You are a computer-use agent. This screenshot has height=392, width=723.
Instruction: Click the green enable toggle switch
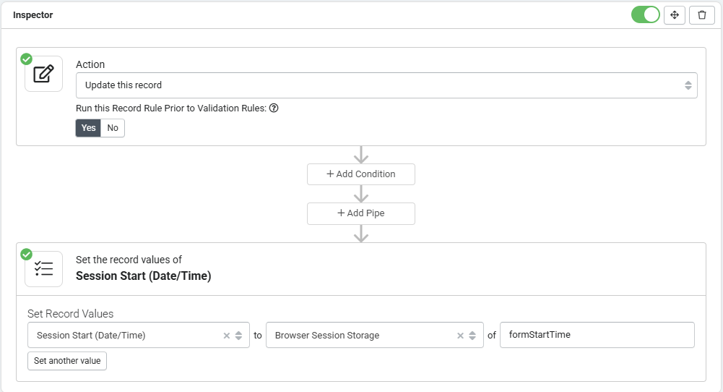(x=645, y=14)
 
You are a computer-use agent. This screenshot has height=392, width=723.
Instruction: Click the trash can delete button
(x=702, y=14)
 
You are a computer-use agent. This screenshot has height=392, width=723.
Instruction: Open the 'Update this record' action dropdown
(x=386, y=85)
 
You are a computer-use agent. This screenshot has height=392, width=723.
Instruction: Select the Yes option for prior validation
(x=88, y=128)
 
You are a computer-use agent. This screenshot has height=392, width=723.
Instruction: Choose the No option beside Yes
(x=113, y=128)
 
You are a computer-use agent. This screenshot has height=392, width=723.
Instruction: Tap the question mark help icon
(x=274, y=108)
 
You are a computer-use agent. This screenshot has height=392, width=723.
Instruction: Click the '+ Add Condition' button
(x=361, y=174)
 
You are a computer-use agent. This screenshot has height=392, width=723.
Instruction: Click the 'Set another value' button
(x=67, y=361)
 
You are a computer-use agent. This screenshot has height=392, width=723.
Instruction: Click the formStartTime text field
(x=597, y=335)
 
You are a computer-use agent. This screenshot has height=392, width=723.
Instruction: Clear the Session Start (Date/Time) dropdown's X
(x=226, y=336)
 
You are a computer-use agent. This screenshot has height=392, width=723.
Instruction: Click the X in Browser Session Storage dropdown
(x=460, y=336)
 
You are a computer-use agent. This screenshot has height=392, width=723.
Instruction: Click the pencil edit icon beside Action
(x=44, y=74)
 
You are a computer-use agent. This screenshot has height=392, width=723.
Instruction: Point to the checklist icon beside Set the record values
(x=44, y=269)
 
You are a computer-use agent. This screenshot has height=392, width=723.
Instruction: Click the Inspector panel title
(x=33, y=14)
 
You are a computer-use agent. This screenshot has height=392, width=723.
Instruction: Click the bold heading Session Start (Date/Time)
(x=144, y=276)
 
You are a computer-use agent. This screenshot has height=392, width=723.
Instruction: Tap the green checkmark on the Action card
(x=26, y=59)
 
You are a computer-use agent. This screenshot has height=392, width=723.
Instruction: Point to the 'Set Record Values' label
(x=71, y=313)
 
